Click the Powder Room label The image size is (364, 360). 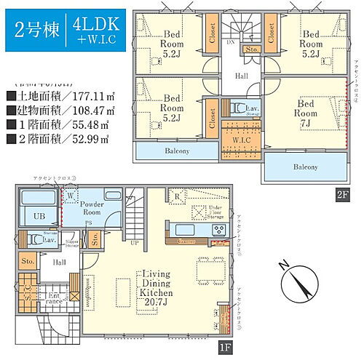point(92,207)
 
